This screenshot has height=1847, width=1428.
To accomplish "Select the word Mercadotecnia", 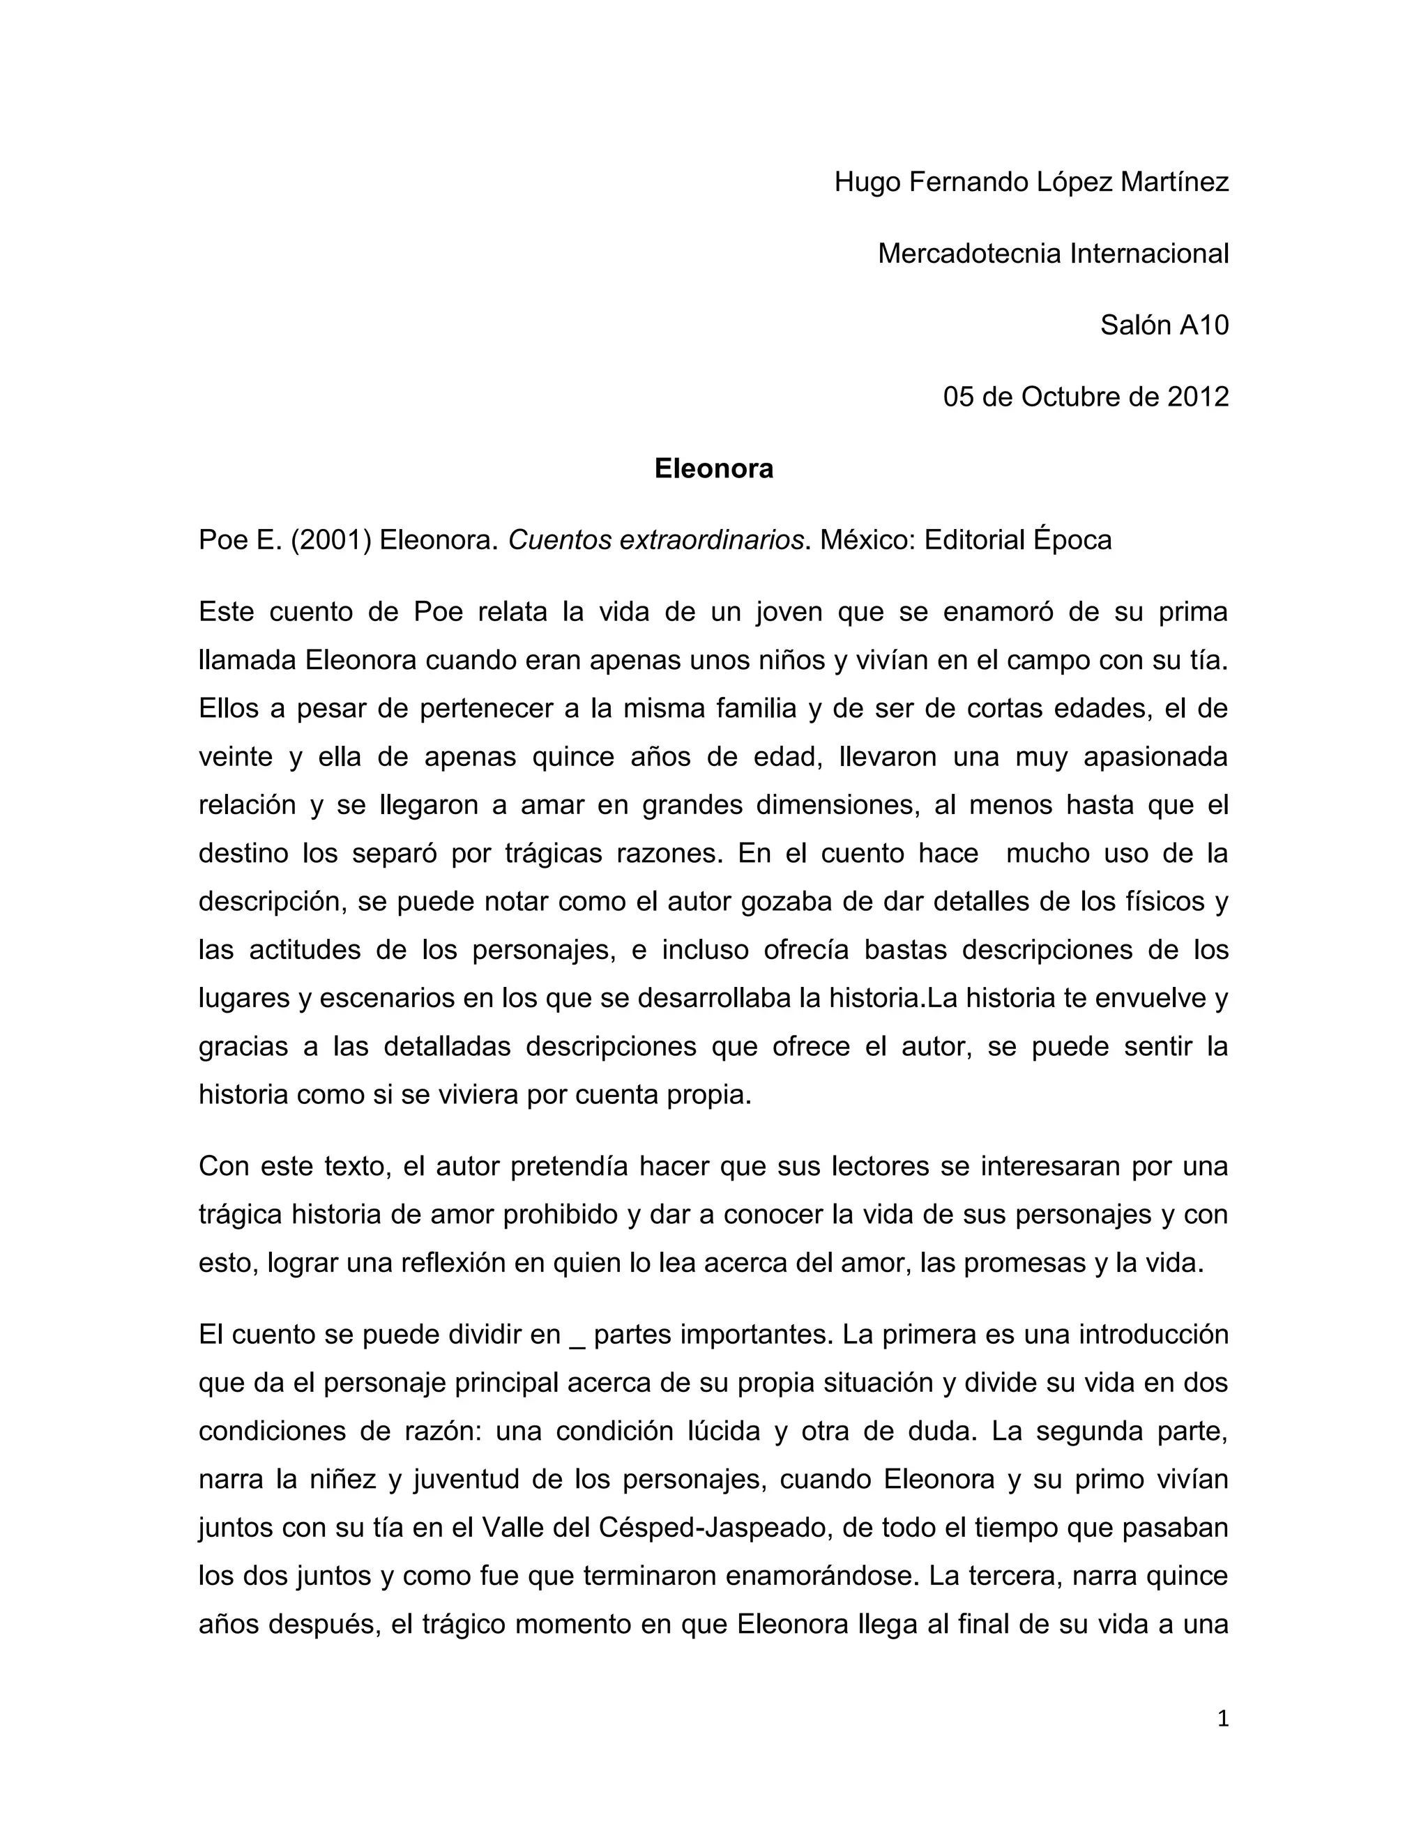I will pyautogui.click(x=969, y=253).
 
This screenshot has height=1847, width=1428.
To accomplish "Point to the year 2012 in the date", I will pyautogui.click(x=1197, y=397).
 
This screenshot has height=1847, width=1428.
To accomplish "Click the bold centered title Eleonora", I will pyautogui.click(x=714, y=468).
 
